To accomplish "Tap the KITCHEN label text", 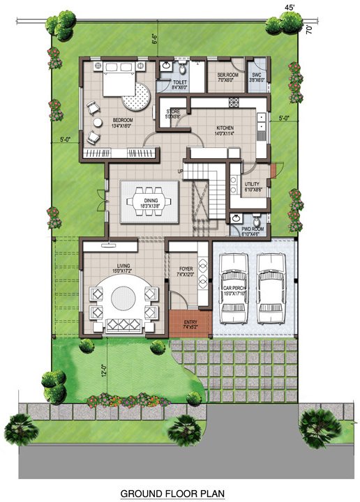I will (225, 128).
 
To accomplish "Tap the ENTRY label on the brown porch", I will (190, 322).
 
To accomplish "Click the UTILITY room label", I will (253, 184).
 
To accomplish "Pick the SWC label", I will (257, 75).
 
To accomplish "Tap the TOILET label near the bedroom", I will (179, 83).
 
